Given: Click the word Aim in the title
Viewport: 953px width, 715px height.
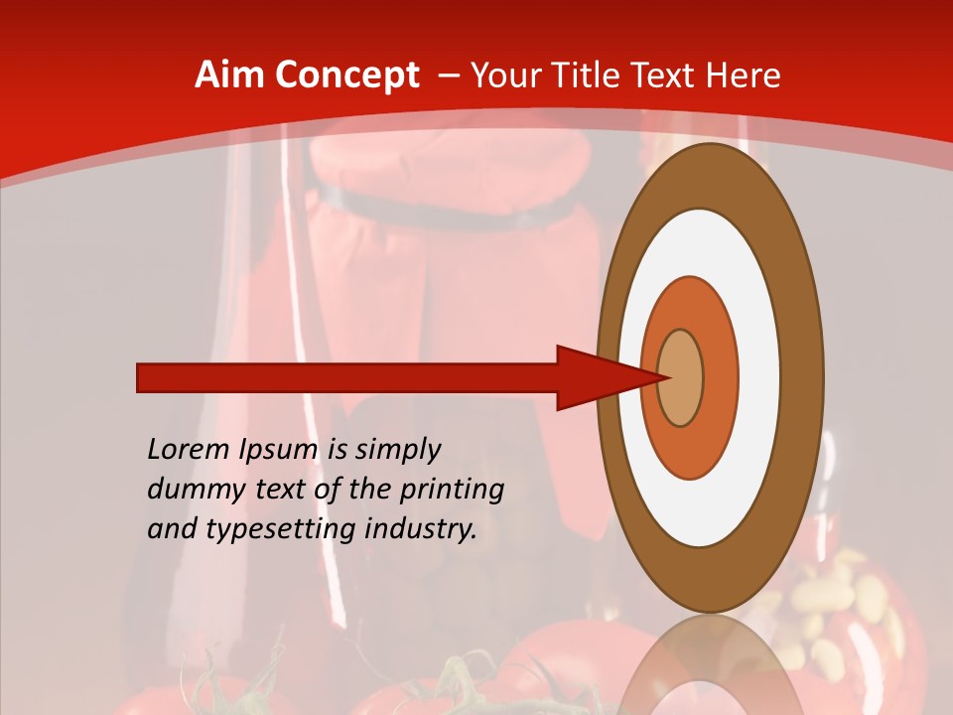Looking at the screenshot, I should pyautogui.click(x=225, y=75).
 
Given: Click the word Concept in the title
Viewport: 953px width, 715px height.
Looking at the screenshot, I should pyautogui.click(x=346, y=76).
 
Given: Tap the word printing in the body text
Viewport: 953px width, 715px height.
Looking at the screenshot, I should pyautogui.click(x=453, y=491).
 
